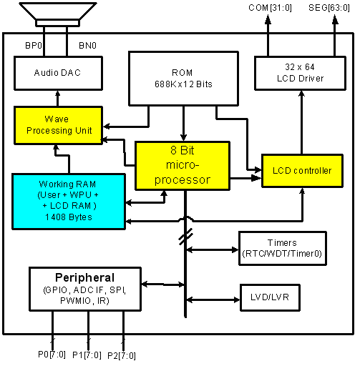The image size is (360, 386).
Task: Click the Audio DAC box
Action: pos(58,73)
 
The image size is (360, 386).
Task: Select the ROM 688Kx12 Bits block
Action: pos(183,79)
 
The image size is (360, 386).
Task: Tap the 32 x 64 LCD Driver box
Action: pos(300,73)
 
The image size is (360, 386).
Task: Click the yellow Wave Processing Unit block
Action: pos(58,125)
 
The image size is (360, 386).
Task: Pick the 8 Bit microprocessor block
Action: pos(183,165)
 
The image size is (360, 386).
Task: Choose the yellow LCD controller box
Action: pos(302,171)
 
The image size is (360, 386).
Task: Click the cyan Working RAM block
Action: pos(69,202)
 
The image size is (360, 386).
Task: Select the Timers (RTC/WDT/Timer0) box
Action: pos(283,248)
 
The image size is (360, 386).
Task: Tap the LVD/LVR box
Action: pos(270,297)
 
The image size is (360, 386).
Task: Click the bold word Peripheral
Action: pos(84,277)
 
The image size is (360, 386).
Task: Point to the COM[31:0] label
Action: pos(270,8)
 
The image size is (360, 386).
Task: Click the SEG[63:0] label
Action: pos(329,8)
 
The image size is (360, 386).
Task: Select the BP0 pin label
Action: pos(34,46)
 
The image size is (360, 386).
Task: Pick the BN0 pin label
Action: pos(87,46)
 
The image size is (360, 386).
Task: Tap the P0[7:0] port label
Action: pos(52,355)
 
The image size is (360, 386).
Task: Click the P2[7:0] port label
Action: pos(122,356)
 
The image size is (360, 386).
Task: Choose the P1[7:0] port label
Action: pos(87,355)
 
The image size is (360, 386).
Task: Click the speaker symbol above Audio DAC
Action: pos(58,14)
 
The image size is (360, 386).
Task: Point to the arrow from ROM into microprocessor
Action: pos(183,124)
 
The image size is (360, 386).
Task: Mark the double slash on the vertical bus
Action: pos(185,237)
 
